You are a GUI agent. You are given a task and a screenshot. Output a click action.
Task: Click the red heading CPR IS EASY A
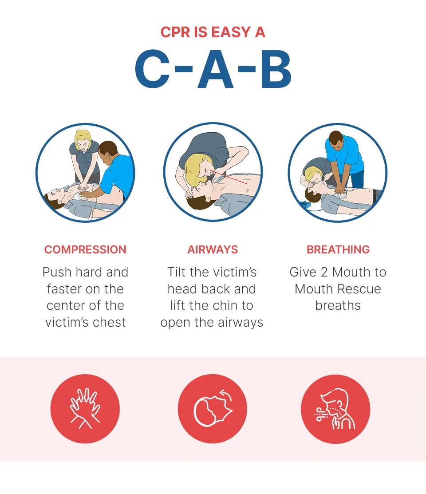coord(213,32)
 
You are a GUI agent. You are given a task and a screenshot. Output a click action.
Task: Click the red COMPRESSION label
coord(85,249)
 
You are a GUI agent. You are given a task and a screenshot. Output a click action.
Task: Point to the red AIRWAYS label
coord(213,249)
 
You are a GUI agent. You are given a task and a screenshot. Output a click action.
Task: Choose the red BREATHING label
coord(338,249)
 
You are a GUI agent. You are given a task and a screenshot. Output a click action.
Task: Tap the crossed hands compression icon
coord(85,409)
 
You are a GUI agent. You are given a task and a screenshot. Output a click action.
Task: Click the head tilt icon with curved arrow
coord(212,409)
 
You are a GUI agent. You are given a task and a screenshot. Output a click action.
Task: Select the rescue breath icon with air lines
coord(335,409)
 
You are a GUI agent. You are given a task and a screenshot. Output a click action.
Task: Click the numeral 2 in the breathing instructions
coord(324,272)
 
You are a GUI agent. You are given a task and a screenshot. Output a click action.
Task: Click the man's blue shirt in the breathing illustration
coord(344,153)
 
